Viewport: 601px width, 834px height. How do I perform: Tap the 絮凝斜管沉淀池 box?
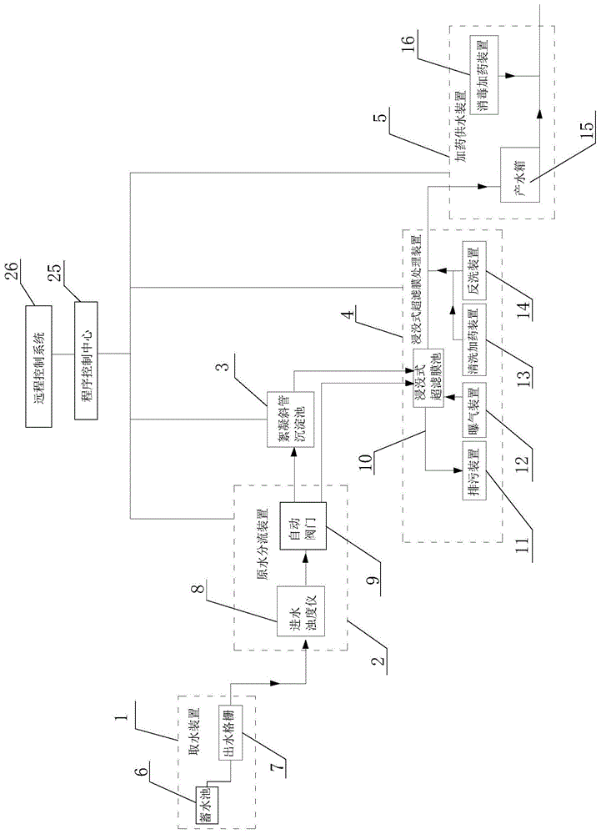pos(283,421)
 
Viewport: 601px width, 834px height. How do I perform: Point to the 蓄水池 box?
pos(205,806)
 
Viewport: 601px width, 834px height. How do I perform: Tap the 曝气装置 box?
pos(473,422)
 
